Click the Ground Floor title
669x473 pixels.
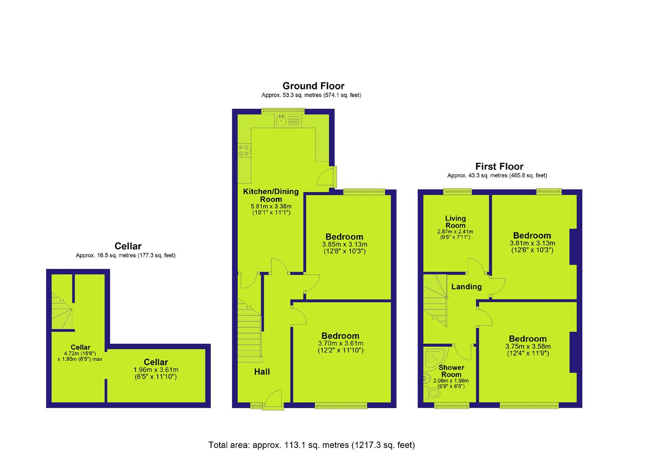[x=313, y=86]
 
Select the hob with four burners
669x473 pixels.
[x=244, y=150]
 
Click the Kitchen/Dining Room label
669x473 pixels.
[x=271, y=195]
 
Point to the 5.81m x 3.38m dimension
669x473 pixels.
[x=271, y=206]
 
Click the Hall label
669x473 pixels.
[x=262, y=372]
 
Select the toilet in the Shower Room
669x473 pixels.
[x=432, y=392]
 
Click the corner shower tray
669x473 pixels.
[x=436, y=357]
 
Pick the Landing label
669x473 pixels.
[x=467, y=287]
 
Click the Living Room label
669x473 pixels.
[x=455, y=222]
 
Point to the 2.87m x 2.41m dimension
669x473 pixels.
[x=455, y=232]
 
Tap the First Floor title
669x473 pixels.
[x=500, y=166]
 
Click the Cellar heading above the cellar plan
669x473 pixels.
[x=128, y=246]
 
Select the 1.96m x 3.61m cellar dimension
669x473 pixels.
[x=156, y=370]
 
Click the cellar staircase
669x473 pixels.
[x=62, y=311]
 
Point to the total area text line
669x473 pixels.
[x=311, y=445]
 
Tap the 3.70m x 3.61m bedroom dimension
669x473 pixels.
[x=341, y=343]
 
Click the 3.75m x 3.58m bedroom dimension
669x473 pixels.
[x=528, y=346]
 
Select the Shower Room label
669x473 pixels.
[x=451, y=371]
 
